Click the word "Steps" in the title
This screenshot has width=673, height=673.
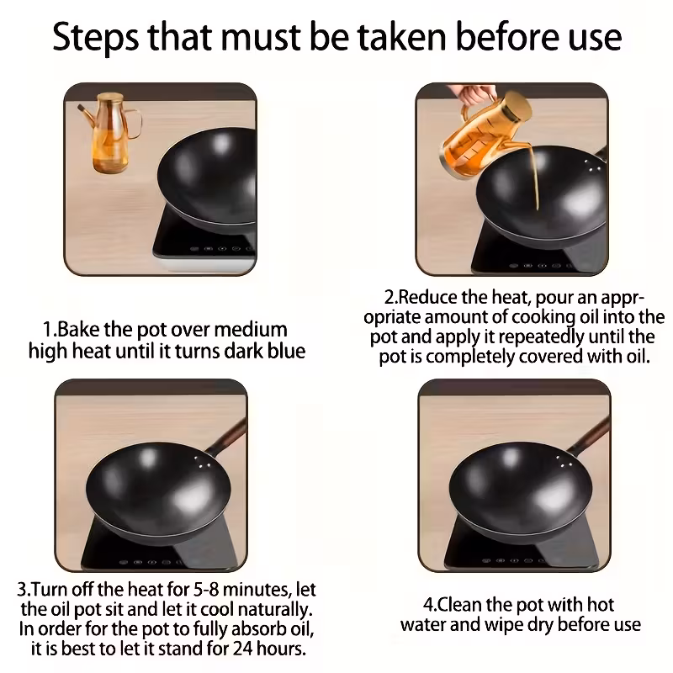click(x=96, y=38)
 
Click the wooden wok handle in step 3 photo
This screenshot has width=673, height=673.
click(x=227, y=436)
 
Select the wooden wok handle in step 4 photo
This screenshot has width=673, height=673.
click(x=590, y=435)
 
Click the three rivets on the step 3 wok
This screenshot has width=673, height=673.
click(x=202, y=462)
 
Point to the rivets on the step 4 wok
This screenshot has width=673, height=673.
click(x=564, y=462)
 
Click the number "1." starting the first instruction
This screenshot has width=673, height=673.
click(x=50, y=330)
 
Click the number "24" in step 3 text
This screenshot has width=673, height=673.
click(x=242, y=648)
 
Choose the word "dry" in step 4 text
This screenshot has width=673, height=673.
click(x=542, y=625)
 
